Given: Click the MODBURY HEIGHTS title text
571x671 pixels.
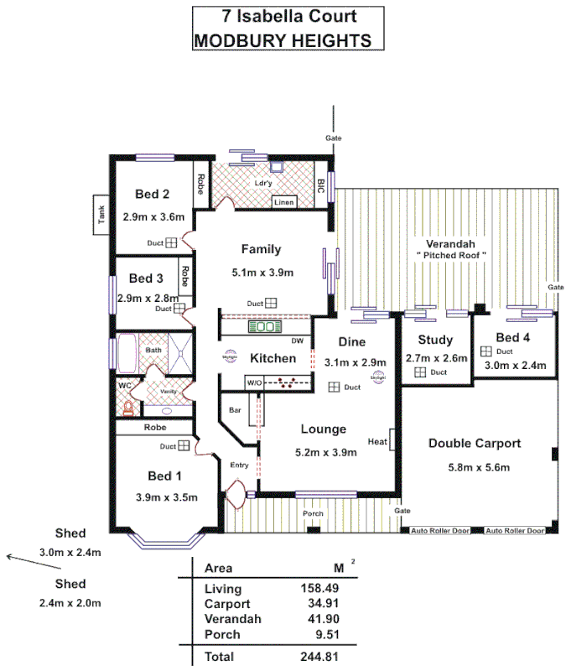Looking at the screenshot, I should click(x=283, y=39).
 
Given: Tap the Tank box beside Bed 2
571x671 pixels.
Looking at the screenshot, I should click(x=101, y=216).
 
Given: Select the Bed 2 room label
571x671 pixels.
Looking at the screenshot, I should click(x=153, y=194).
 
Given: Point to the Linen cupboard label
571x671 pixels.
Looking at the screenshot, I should click(x=285, y=202).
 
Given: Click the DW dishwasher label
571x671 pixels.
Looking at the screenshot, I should click(x=297, y=341).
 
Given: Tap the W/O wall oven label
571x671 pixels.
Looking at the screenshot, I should click(x=255, y=382).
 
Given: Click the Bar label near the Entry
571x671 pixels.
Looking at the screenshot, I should click(x=236, y=410).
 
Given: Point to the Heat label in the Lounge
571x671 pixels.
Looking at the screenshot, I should click(x=376, y=441).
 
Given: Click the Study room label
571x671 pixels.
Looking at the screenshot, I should click(x=434, y=340).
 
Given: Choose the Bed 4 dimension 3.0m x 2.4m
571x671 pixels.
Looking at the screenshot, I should click(x=515, y=366).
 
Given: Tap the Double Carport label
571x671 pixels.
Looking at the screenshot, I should click(x=474, y=443).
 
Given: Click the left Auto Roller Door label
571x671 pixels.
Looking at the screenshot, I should click(x=433, y=531).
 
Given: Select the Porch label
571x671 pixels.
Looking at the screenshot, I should click(x=313, y=513).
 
